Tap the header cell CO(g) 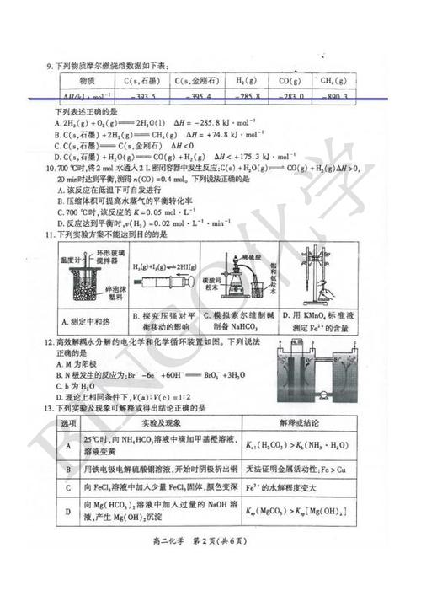point(288,81)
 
